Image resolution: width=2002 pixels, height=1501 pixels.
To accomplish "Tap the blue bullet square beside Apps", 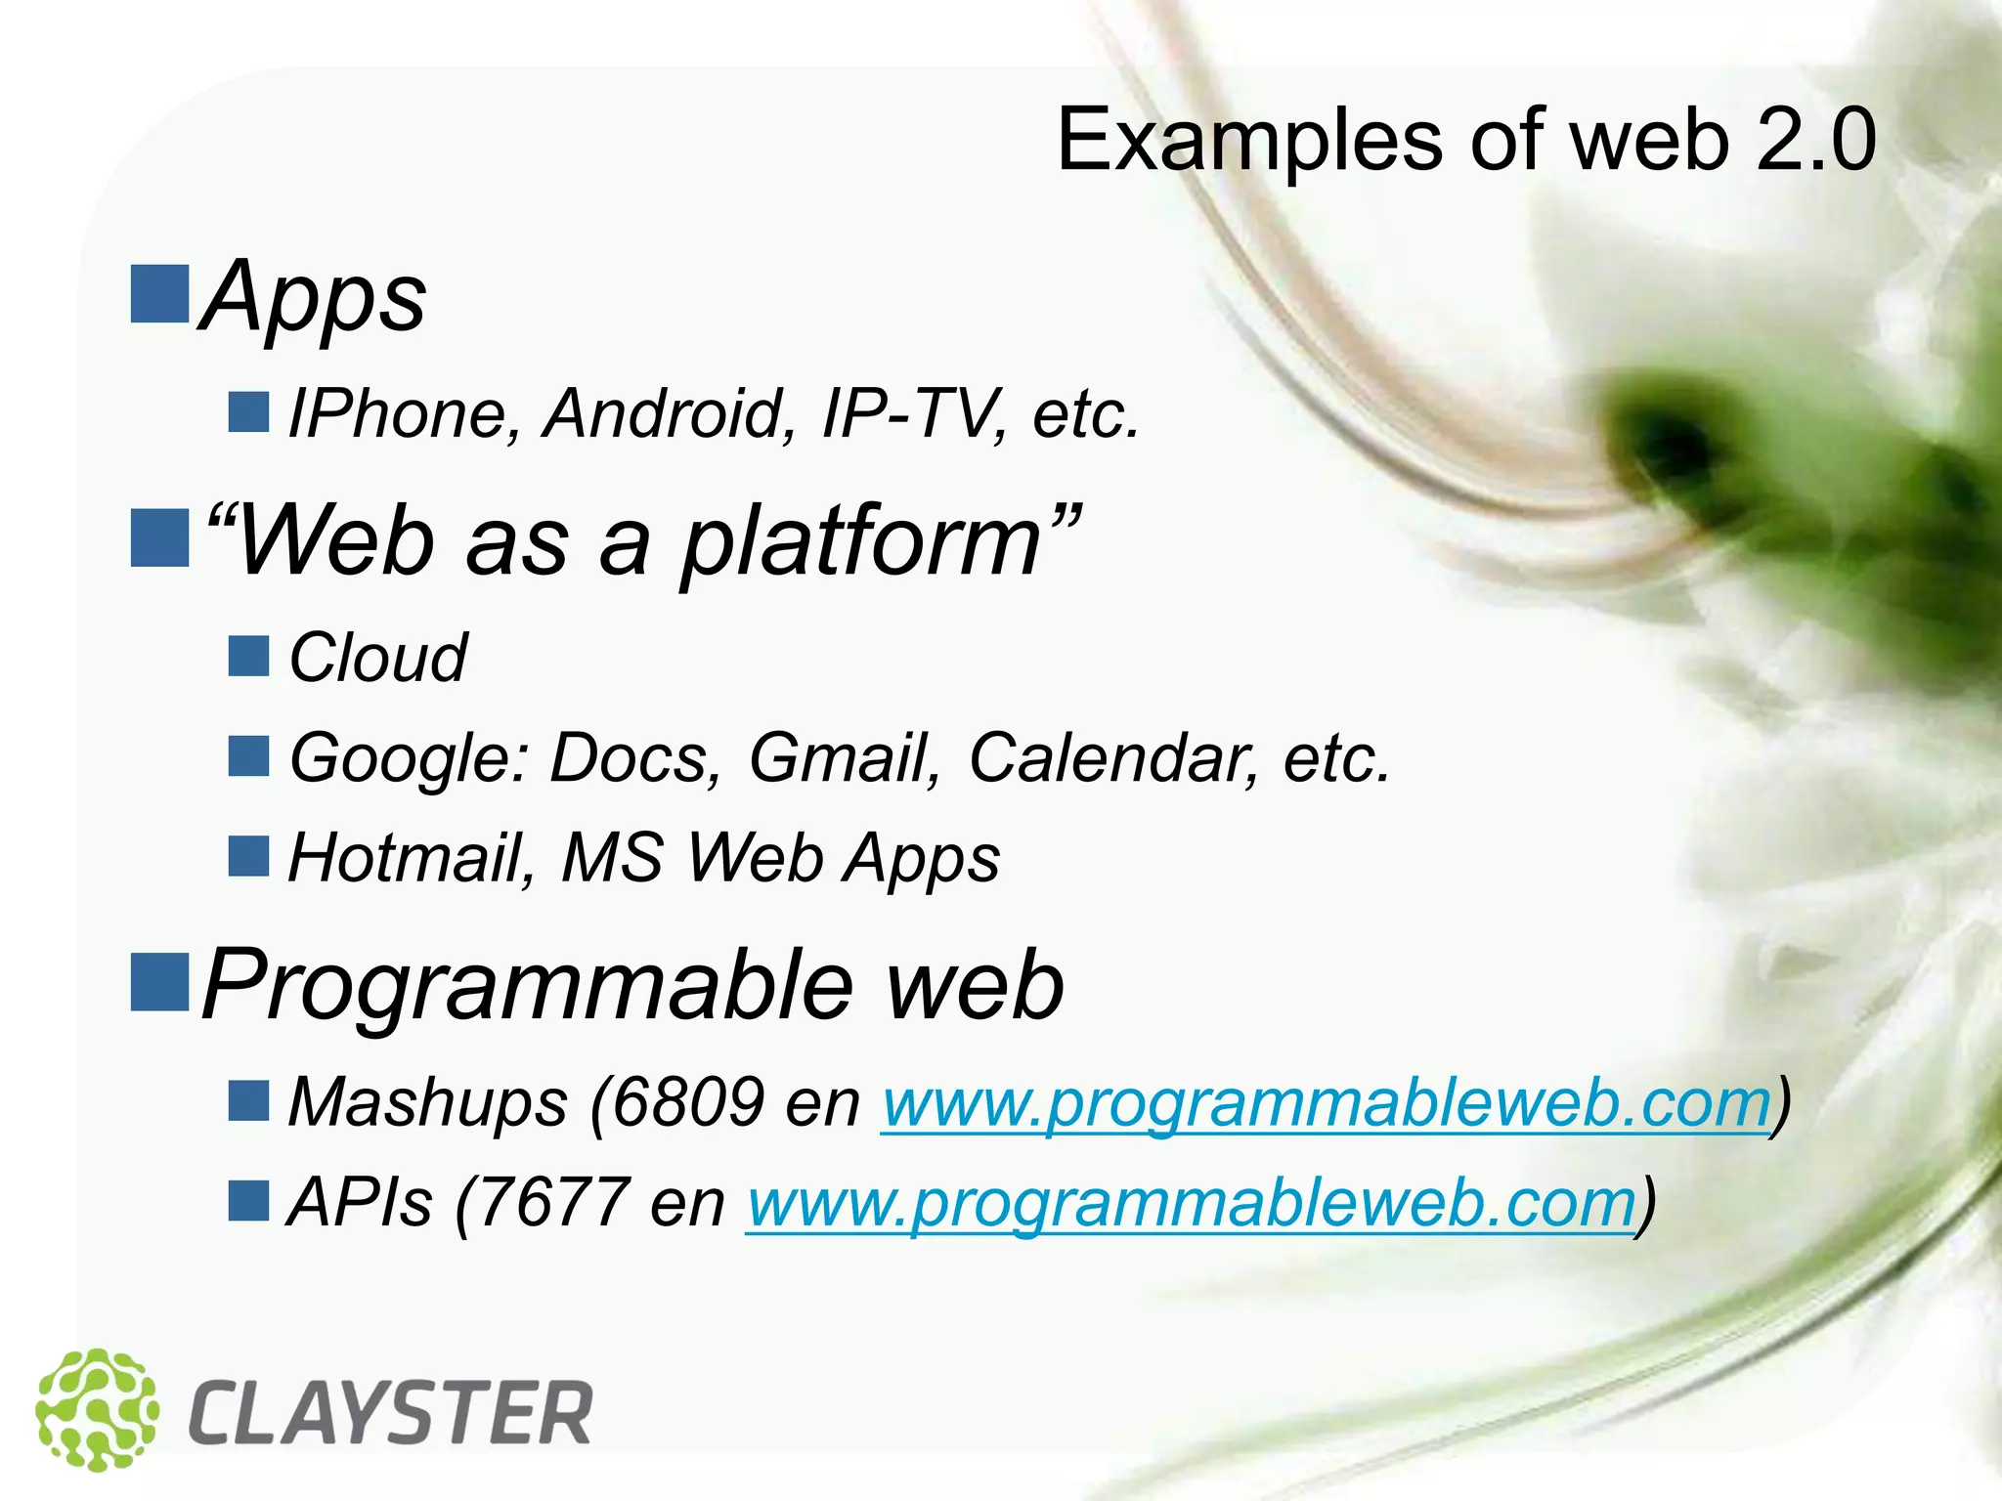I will pos(160,293).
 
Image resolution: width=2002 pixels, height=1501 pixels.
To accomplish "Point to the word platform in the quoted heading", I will pos(860,543).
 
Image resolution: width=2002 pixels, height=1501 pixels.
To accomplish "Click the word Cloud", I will pos(378,658).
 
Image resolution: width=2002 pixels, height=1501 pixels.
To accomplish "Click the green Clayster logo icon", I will pos(97,1409).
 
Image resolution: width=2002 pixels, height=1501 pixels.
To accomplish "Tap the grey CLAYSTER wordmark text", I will pos(390,1414).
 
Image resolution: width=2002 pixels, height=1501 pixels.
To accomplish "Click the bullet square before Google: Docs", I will pos(248,756).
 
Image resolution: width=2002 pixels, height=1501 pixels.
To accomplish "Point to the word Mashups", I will pos(427,1102).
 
